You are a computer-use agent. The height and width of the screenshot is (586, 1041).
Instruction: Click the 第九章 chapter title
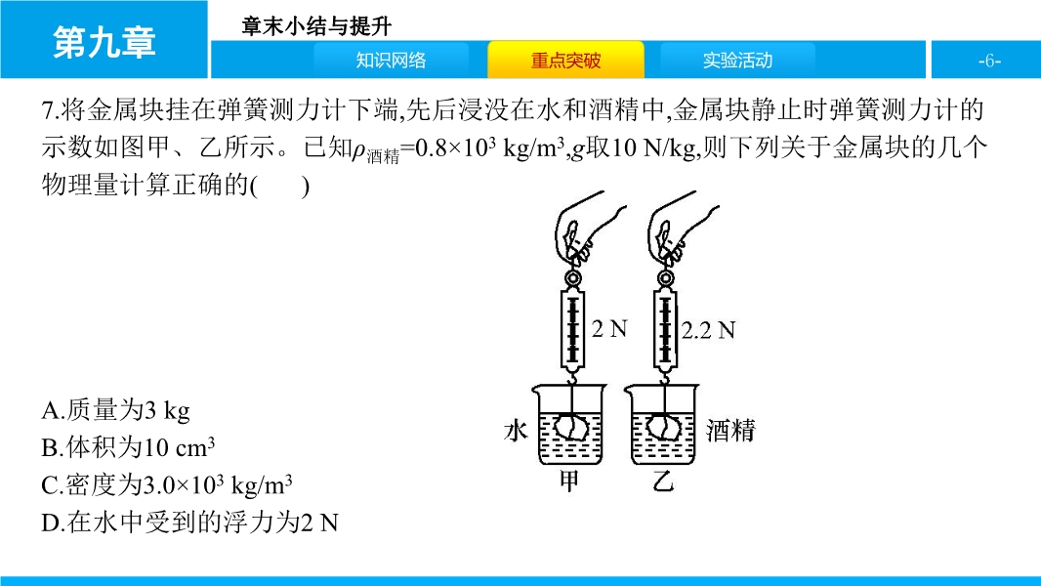(104, 42)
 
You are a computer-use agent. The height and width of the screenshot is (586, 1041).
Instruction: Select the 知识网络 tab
(391, 61)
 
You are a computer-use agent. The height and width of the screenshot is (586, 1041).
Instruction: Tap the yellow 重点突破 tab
(565, 61)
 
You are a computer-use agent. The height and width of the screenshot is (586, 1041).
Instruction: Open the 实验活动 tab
(737, 61)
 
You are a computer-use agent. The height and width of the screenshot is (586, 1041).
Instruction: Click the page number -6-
(989, 62)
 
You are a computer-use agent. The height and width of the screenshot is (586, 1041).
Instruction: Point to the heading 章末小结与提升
(316, 26)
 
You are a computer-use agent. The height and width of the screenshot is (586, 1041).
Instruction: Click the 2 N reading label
(609, 328)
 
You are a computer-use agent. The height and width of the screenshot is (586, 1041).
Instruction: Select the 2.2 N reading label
(708, 330)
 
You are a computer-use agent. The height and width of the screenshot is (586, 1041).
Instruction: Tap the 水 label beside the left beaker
(516, 431)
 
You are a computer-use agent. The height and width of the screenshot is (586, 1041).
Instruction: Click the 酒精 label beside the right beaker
(731, 431)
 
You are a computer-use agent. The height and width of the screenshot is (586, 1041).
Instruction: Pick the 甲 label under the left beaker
(569, 481)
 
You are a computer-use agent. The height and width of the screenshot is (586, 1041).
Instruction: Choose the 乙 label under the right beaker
(662, 481)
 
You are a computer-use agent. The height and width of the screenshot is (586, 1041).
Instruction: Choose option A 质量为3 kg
(115, 410)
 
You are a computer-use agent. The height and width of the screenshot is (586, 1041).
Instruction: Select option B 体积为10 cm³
(128, 447)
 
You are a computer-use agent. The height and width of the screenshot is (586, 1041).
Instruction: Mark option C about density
(167, 485)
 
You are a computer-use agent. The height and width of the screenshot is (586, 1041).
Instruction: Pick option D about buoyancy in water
(189, 523)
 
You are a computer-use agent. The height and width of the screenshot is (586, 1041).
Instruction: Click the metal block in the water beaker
(571, 427)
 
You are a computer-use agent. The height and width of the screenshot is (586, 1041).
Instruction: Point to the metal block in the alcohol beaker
(665, 427)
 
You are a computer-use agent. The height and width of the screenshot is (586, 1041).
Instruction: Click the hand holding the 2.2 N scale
(682, 229)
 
